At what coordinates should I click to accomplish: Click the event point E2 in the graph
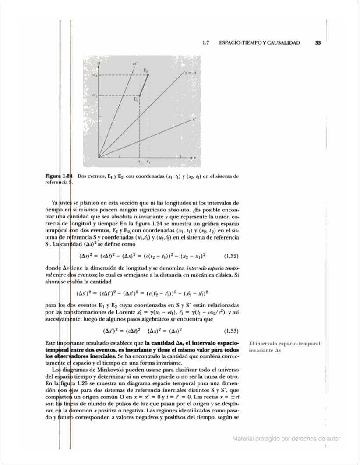click(148, 75)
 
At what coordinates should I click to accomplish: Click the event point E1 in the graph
click(139, 95)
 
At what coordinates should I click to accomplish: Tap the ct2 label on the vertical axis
click(94, 75)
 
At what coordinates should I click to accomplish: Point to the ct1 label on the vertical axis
click(94, 95)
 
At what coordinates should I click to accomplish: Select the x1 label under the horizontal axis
click(139, 162)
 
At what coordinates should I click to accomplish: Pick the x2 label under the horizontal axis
click(148, 162)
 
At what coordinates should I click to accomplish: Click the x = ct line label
click(190, 73)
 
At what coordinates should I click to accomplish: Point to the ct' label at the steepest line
click(135, 64)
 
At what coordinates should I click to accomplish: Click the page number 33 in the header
click(318, 43)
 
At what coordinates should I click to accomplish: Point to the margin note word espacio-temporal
click(299, 344)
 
